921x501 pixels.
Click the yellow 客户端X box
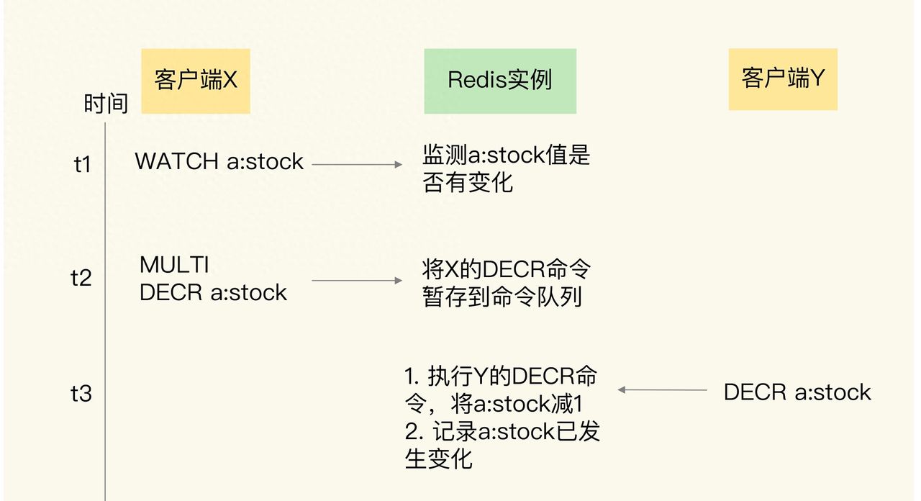tap(195, 81)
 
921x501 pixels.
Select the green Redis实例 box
tap(499, 81)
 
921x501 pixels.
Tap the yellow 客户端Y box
tap(783, 79)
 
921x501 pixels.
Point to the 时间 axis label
tap(106, 104)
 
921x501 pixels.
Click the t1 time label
tap(83, 165)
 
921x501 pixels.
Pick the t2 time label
tap(81, 279)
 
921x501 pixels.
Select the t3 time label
tap(81, 394)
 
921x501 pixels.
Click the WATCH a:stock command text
tap(219, 161)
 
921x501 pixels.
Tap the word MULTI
tap(174, 265)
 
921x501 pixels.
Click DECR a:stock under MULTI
tap(213, 292)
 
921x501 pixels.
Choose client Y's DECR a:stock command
tap(797, 392)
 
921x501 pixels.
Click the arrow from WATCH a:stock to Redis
tap(357, 165)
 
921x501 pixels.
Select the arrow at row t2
tap(357, 281)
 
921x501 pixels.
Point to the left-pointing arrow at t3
tap(662, 390)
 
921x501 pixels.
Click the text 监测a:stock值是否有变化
tap(506, 168)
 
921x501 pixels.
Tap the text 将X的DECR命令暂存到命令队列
tap(507, 283)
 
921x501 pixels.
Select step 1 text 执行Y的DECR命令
tap(501, 389)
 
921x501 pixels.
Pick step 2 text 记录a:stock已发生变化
tap(502, 445)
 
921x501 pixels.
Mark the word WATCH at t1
tap(177, 161)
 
